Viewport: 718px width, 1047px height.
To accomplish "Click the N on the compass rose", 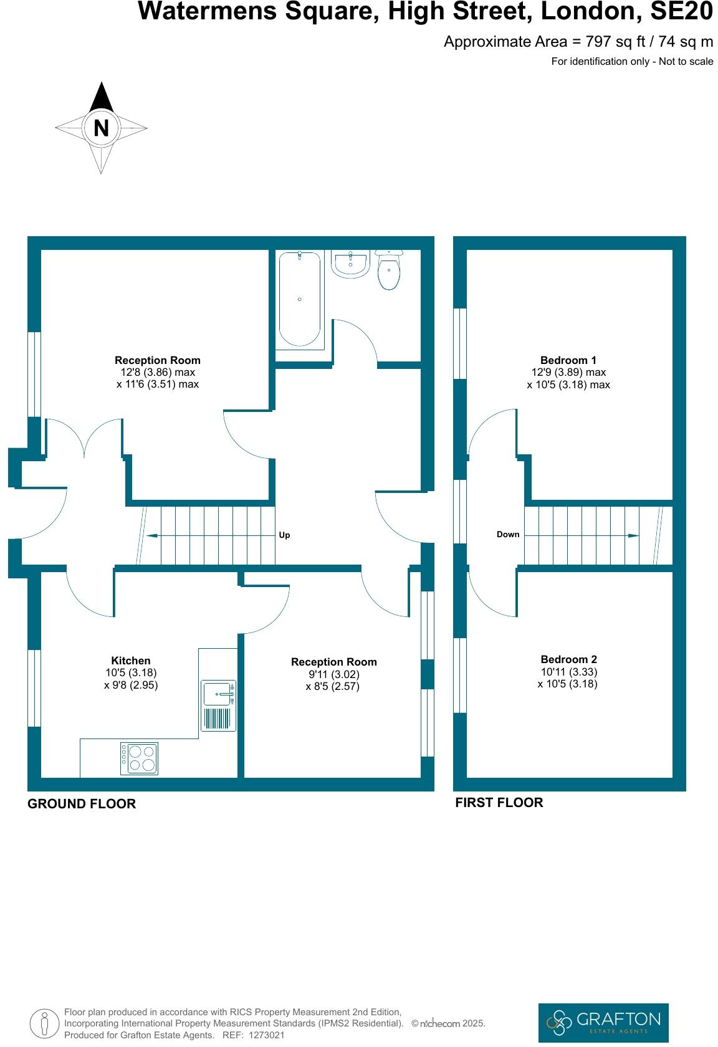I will [x=101, y=128].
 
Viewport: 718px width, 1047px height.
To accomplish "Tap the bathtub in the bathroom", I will [x=300, y=299].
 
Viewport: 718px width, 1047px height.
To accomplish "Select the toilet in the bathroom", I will [x=389, y=272].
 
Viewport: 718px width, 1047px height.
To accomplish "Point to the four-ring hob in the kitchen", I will [x=139, y=758].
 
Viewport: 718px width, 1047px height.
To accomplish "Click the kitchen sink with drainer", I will [x=219, y=705].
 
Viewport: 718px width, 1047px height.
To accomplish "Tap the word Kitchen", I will [x=131, y=661].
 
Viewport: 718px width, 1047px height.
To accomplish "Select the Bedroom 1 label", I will [x=568, y=360].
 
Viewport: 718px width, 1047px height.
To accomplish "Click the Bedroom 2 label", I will [x=568, y=659].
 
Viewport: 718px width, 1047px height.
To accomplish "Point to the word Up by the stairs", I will [x=284, y=535].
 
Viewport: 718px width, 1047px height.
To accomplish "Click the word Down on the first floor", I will [x=508, y=534].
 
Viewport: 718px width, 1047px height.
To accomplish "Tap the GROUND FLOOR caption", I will [x=82, y=804].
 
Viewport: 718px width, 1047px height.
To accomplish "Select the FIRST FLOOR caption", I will [x=499, y=803].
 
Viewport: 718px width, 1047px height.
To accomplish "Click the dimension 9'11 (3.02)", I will [x=334, y=674].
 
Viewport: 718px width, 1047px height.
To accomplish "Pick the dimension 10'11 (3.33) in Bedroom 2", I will [x=568, y=672].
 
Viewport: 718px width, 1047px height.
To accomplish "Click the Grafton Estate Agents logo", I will [x=603, y=1023].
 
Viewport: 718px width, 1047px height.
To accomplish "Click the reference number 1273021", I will [x=266, y=1035].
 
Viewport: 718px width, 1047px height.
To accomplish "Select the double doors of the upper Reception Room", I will [x=85, y=437].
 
